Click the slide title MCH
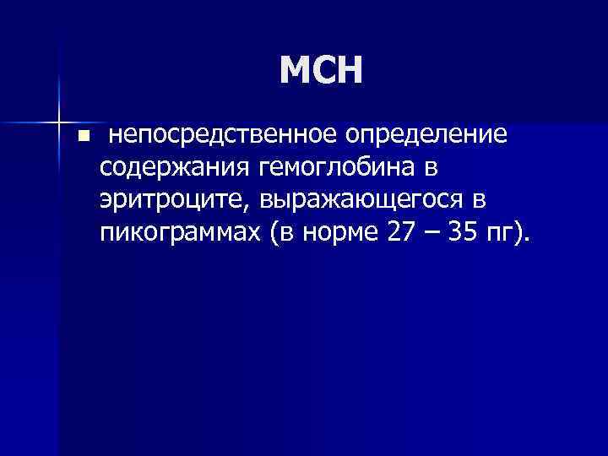(x=320, y=71)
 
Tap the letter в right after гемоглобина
(x=432, y=167)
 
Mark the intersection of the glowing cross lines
(x=58, y=117)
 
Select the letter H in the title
(x=348, y=71)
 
